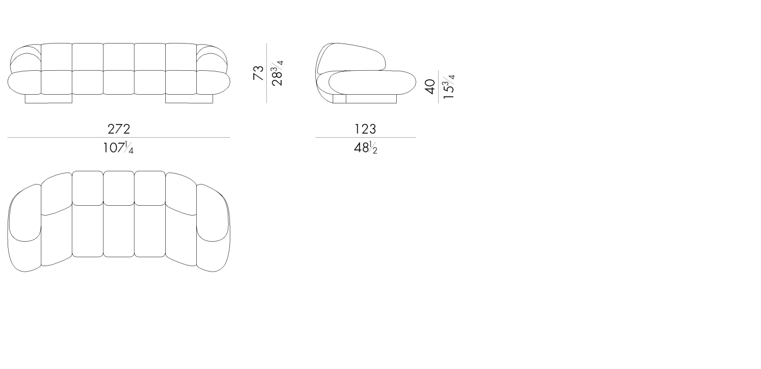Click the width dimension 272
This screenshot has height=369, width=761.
118,129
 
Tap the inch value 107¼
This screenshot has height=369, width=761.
118,147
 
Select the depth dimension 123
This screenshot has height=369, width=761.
365,129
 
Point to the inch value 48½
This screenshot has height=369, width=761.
365,147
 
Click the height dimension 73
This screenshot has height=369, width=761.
259,73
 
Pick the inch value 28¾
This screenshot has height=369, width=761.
277,73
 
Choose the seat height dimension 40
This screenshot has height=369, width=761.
430,87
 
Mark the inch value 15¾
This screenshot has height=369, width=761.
448,87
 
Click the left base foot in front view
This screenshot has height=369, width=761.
48,99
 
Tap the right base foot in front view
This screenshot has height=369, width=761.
189,99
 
